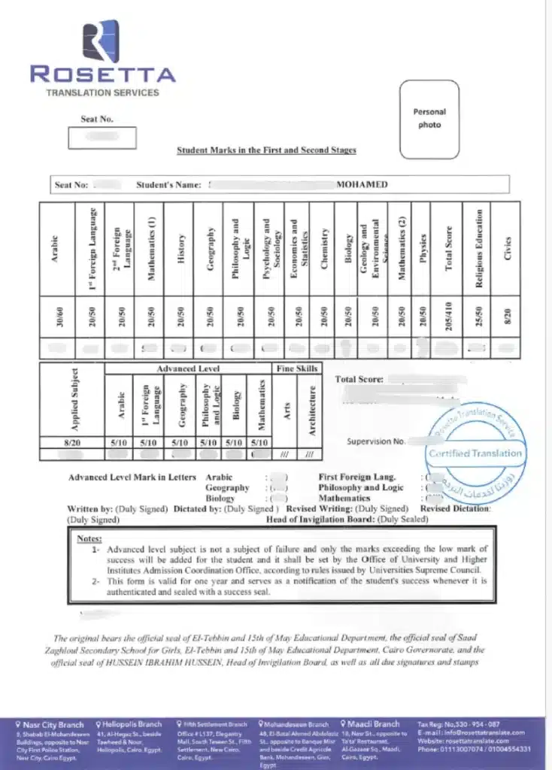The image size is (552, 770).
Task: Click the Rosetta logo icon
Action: point(100,41)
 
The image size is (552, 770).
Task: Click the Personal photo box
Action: point(429,120)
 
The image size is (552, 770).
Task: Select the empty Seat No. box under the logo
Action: point(102,138)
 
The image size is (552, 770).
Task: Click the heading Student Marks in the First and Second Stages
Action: point(266,150)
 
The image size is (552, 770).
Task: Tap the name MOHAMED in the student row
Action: point(362,184)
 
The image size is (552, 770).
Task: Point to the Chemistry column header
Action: point(324,248)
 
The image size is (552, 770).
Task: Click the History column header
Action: point(181,248)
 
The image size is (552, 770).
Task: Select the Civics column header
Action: point(508,248)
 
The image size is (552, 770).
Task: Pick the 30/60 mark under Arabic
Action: point(54,316)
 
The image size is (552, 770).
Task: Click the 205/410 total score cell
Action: point(449,316)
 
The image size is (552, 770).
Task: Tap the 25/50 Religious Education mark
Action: point(479,316)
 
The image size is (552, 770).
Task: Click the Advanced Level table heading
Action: point(188,369)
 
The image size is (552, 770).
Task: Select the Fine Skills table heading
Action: point(297,369)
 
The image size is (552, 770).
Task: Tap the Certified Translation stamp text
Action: point(475,453)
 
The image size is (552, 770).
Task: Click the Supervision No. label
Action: point(376,441)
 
